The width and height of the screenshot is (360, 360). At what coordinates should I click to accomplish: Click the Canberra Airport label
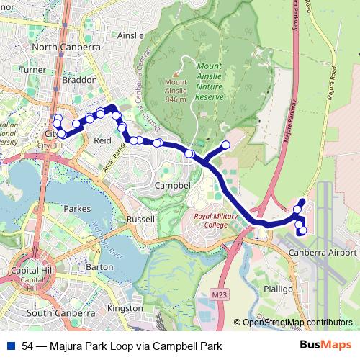coord(322,253)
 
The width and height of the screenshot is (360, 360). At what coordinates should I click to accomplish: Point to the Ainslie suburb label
coord(131,35)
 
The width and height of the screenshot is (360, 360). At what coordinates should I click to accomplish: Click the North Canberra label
coord(66,47)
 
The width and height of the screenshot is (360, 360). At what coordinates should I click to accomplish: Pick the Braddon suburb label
coord(81,81)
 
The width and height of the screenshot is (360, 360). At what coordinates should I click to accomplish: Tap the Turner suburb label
coord(34,70)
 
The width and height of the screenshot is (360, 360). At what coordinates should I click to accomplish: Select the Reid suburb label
coord(103,140)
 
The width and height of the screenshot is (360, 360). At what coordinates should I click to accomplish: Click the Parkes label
coord(76,208)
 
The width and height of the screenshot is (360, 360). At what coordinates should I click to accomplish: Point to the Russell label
coord(140,218)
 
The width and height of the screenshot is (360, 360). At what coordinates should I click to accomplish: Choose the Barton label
coord(99,266)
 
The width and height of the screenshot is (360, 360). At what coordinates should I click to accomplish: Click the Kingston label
coord(125,308)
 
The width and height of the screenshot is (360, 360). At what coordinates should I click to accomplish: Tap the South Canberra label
coord(60,313)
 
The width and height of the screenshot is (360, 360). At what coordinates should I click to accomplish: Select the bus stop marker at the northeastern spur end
coord(225,145)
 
